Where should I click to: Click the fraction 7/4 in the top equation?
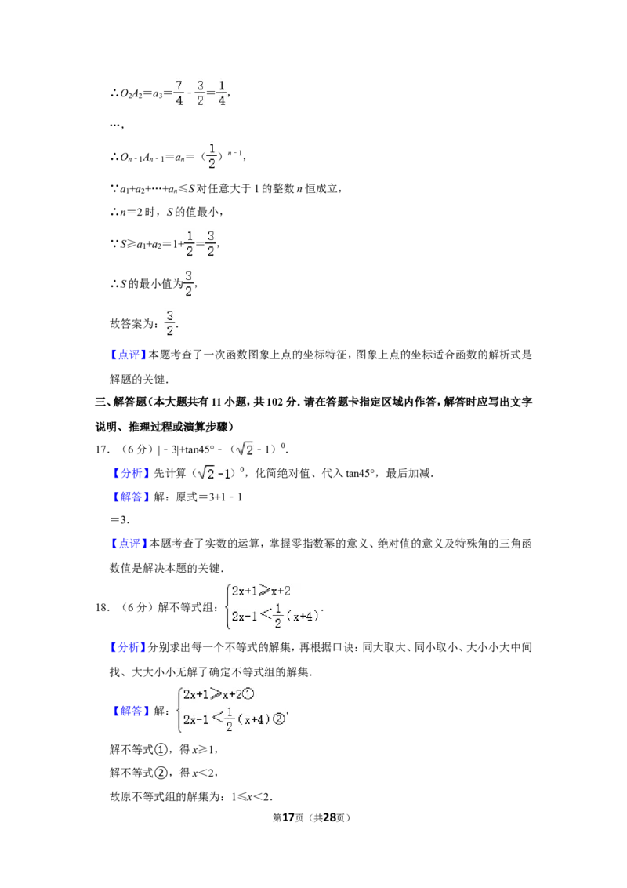[x=179, y=93]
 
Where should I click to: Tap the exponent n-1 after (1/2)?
[x=235, y=153]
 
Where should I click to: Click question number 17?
[x=102, y=449]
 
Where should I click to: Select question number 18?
[x=102, y=608]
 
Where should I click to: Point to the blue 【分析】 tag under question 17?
[x=129, y=474]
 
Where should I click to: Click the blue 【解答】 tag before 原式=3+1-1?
[x=129, y=497]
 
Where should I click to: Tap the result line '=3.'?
[x=119, y=519]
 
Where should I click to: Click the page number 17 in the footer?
[x=288, y=817]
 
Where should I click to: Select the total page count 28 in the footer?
[x=329, y=817]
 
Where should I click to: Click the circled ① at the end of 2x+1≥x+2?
[x=248, y=694]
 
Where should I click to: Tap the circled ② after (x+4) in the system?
[x=278, y=720]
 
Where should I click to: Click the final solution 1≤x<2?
[x=252, y=797]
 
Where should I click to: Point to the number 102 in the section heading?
[x=274, y=402]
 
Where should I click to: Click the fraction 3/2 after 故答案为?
[x=169, y=323]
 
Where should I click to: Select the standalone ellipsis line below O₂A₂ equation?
[x=116, y=126]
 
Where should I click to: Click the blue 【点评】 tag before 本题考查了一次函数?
[x=128, y=355]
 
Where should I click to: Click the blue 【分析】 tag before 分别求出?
[x=128, y=647]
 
